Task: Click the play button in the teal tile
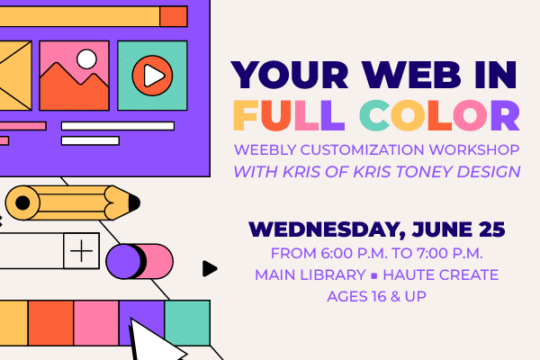tap(152, 76)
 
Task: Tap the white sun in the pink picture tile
tap(86, 58)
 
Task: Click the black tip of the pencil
tap(134, 202)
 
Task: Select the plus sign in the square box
tap(81, 251)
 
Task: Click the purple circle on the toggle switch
tap(123, 261)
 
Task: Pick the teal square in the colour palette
tap(187, 323)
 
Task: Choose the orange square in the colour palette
tap(50, 323)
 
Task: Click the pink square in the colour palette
tap(96, 323)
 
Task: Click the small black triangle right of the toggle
tap(210, 269)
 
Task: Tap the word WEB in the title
tap(411, 75)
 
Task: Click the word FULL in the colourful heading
tap(289, 115)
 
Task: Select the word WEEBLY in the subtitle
tap(265, 150)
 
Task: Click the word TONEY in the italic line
tap(424, 172)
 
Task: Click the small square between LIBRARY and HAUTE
tap(374, 276)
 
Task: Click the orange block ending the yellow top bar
tap(174, 16)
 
